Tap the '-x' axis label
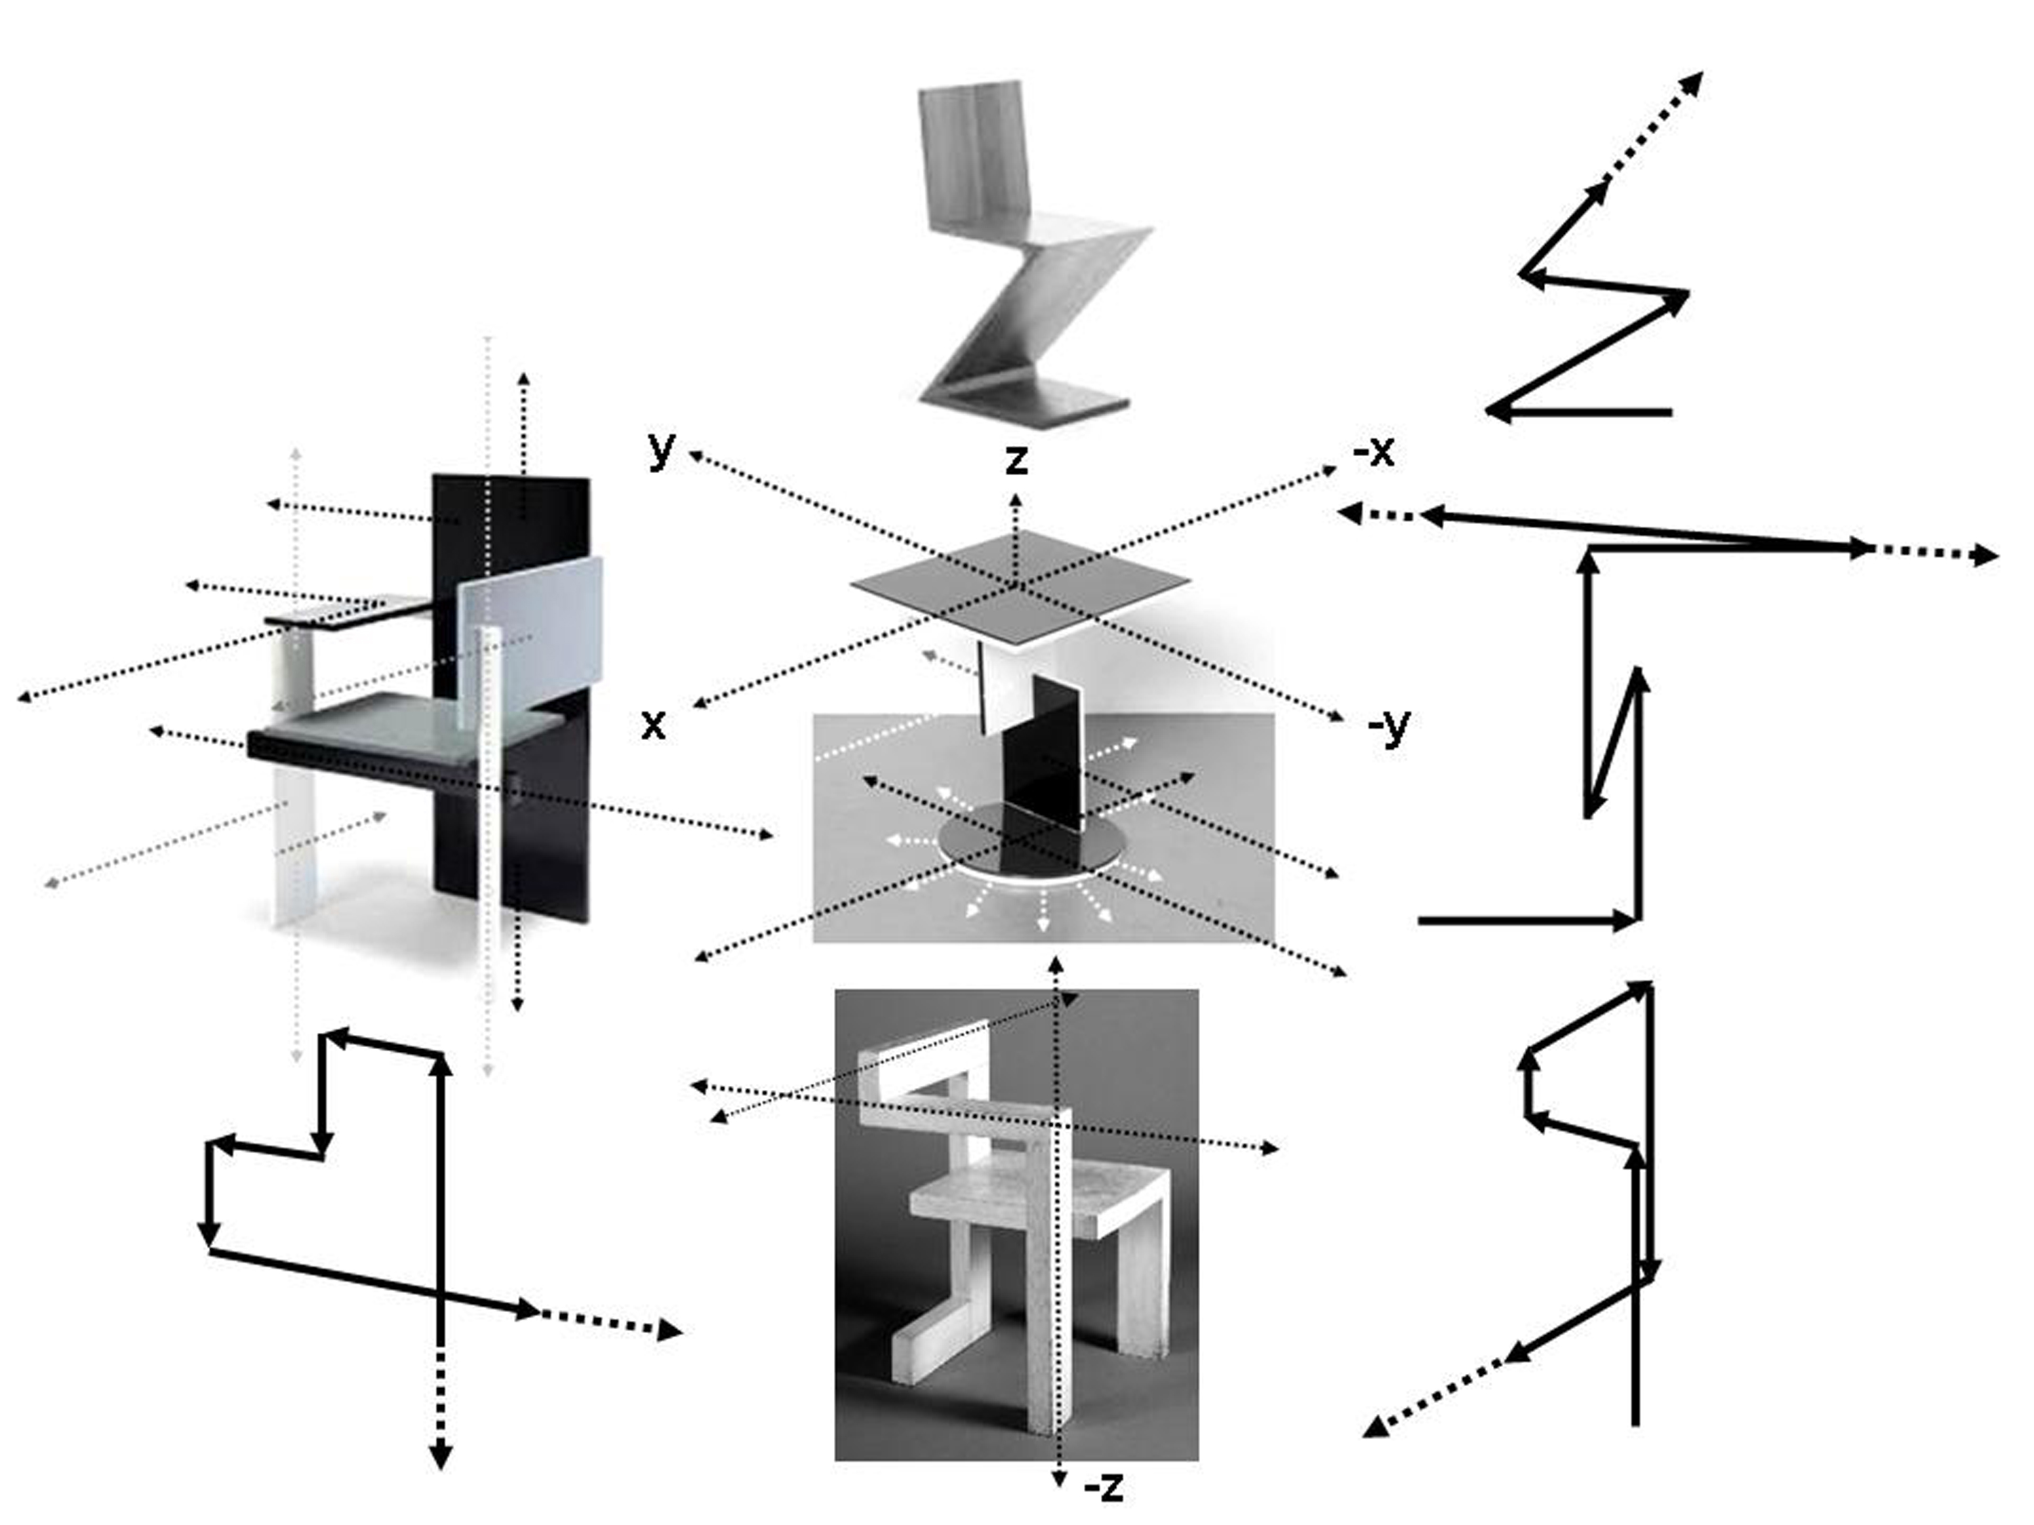(1374, 451)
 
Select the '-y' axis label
(1389, 725)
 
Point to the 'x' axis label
(653, 725)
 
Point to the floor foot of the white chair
(929, 1351)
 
